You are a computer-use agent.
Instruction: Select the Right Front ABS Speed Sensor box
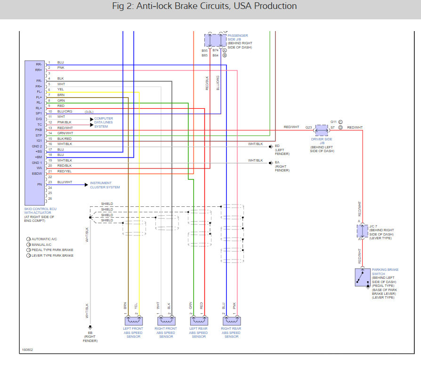(x=166, y=321)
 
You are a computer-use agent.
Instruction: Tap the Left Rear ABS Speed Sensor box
(x=198, y=321)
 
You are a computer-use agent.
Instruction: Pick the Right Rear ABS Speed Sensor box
(x=231, y=321)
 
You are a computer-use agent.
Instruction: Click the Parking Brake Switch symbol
(x=362, y=277)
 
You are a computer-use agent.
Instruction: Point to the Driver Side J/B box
(x=322, y=129)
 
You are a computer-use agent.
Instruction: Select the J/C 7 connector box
(x=362, y=231)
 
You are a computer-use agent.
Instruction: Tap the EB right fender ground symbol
(x=90, y=326)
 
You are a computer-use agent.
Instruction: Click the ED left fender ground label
(x=277, y=146)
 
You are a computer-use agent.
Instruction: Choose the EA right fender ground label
(x=277, y=163)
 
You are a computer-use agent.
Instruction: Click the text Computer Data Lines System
(x=104, y=122)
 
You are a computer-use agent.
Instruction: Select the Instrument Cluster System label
(x=105, y=185)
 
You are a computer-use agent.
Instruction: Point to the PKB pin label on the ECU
(x=39, y=130)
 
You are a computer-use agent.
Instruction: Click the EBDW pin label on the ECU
(x=38, y=173)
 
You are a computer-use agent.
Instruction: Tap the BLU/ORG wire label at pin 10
(x=65, y=111)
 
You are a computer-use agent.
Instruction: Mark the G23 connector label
(x=308, y=127)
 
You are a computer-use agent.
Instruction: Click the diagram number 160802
(x=27, y=350)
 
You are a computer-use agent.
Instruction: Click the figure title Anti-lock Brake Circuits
(x=210, y=6)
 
